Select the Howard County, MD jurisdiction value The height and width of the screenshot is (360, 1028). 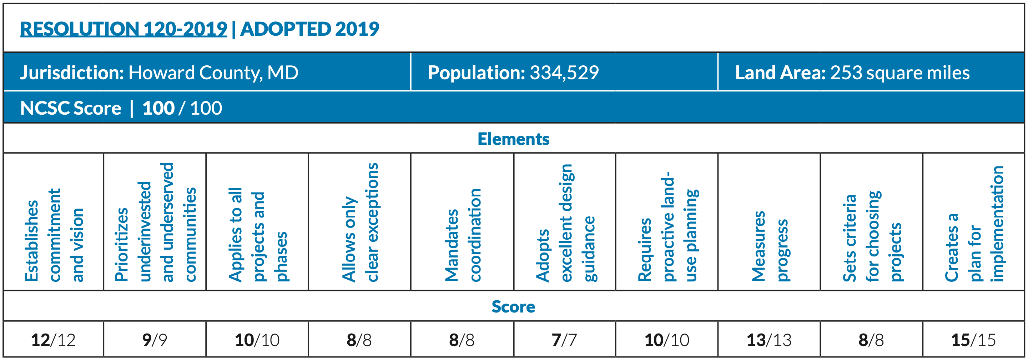(213, 72)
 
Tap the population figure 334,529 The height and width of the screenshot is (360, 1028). (564, 72)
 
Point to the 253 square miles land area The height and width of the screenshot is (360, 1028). (899, 72)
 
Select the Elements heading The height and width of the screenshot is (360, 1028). (513, 139)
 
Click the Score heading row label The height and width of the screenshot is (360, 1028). (513, 306)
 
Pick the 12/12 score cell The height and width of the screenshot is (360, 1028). (53, 340)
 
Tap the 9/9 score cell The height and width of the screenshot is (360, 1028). (155, 340)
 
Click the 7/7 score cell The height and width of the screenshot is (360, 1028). (564, 340)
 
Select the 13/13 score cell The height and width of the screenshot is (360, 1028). (769, 340)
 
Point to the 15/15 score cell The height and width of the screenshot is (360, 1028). (973, 340)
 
